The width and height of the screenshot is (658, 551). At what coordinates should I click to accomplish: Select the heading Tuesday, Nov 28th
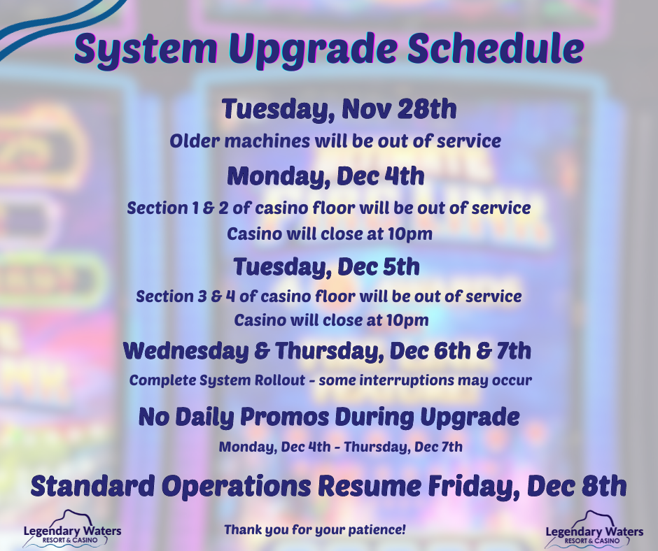click(x=339, y=109)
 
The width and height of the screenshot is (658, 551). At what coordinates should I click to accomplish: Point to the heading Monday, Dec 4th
click(x=325, y=176)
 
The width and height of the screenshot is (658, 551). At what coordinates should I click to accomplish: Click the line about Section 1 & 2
click(x=329, y=208)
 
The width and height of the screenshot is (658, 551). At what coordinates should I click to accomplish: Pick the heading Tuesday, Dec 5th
click(x=326, y=266)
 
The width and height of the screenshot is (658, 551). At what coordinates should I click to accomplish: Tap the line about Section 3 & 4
click(x=329, y=296)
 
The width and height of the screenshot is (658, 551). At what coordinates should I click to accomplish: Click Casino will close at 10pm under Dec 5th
click(x=331, y=320)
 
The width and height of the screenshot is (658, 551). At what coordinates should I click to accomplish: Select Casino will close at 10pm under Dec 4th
click(x=330, y=234)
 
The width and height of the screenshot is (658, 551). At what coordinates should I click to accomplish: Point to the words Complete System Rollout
click(x=218, y=380)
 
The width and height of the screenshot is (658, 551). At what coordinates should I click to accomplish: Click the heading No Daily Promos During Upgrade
click(x=329, y=417)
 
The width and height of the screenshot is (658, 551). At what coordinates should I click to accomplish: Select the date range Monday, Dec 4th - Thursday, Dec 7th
click(x=340, y=447)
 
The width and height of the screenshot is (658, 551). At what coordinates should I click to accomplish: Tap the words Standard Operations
click(x=171, y=487)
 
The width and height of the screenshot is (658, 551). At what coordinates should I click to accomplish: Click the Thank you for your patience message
click(x=315, y=529)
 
